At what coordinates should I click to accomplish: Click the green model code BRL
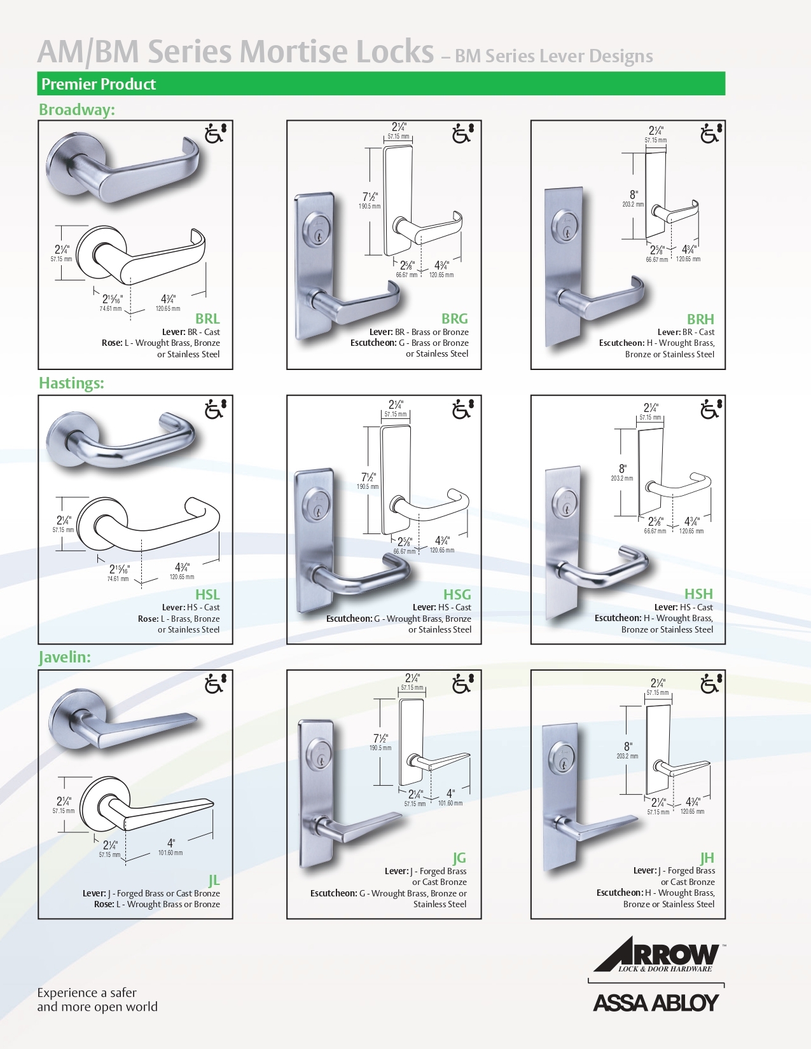(x=207, y=319)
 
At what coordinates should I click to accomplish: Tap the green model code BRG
(x=455, y=319)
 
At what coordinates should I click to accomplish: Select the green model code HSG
(x=457, y=594)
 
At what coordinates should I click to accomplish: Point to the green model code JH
(x=707, y=858)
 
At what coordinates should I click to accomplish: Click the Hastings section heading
(x=71, y=383)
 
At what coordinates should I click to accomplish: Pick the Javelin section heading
(x=65, y=657)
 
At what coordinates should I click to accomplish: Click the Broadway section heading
(x=77, y=109)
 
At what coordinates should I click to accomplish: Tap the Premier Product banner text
(x=99, y=84)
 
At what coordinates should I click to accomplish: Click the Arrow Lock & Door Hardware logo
(x=658, y=954)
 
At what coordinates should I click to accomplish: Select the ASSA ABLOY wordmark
(x=656, y=1003)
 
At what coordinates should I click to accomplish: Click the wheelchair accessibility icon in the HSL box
(x=215, y=409)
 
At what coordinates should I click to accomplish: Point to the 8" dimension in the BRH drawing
(x=634, y=195)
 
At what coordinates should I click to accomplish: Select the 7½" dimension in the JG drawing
(x=380, y=738)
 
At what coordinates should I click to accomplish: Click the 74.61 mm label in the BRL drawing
(x=110, y=309)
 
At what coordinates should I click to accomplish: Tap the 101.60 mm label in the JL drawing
(x=170, y=853)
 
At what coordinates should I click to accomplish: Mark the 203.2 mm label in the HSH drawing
(x=622, y=478)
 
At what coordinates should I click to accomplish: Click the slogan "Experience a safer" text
(x=87, y=992)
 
